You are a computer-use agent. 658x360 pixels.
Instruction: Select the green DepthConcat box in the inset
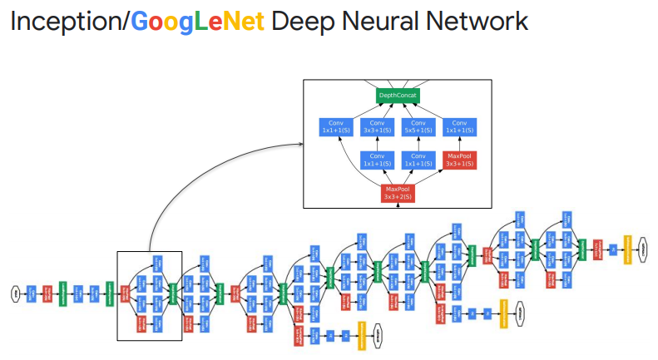tap(398, 96)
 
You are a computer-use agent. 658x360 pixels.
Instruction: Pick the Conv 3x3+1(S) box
tap(377, 127)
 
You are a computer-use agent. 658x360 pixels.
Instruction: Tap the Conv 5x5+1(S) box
tap(418, 127)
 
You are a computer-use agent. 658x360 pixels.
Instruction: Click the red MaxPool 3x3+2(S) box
tap(398, 192)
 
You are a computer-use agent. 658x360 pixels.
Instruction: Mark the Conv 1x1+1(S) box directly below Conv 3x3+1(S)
tap(377, 159)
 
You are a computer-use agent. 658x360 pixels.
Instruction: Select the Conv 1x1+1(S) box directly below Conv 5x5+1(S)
tap(418, 159)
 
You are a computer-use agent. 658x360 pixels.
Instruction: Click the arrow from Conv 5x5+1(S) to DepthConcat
tap(412, 111)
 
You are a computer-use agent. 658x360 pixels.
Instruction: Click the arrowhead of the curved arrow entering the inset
tap(301, 145)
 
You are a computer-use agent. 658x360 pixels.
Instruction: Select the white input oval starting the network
tap(14, 292)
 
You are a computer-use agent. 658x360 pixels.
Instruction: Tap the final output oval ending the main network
tap(643, 247)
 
